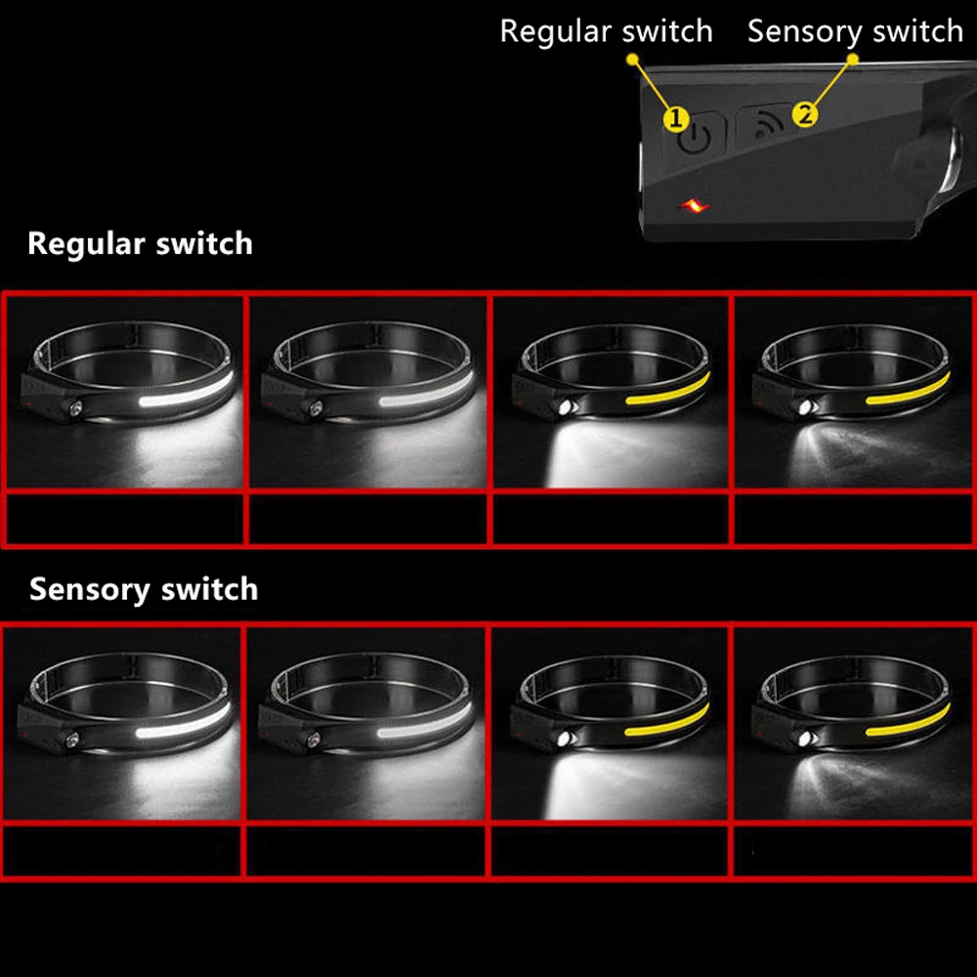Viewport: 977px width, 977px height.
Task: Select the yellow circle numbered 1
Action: [676, 118]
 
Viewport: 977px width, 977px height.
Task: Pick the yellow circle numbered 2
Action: [805, 114]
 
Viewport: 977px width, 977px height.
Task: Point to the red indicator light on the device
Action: [694, 206]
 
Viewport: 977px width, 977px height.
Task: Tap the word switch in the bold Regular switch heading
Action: [204, 243]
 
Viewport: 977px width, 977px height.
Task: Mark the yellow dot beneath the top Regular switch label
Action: [633, 60]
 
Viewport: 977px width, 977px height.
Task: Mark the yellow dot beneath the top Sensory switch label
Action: [853, 60]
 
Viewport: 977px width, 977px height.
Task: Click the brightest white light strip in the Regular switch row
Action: [186, 391]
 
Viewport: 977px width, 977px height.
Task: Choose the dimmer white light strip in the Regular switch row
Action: [426, 391]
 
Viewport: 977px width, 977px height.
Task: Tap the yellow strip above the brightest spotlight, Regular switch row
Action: [668, 390]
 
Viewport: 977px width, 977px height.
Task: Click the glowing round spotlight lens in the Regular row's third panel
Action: [566, 408]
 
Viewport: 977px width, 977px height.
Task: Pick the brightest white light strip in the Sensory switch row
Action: [184, 722]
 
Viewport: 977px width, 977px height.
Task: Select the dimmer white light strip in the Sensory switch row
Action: [424, 722]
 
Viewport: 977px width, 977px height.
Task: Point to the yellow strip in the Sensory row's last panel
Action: [908, 721]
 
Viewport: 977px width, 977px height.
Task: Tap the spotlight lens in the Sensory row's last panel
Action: [805, 740]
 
